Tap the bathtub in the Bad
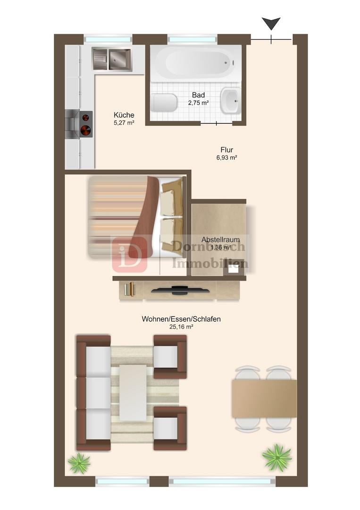point(196,63)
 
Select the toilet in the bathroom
point(164,102)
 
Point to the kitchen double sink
point(112,59)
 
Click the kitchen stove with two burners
point(79,124)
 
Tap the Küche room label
point(124,115)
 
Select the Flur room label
point(227,150)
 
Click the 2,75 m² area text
point(198,103)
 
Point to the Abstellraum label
point(221,240)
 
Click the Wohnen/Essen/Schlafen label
point(181,319)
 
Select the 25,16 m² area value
point(181,327)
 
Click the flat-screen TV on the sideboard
point(180,290)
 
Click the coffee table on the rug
point(133,392)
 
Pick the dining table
point(264,399)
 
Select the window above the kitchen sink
point(108,39)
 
